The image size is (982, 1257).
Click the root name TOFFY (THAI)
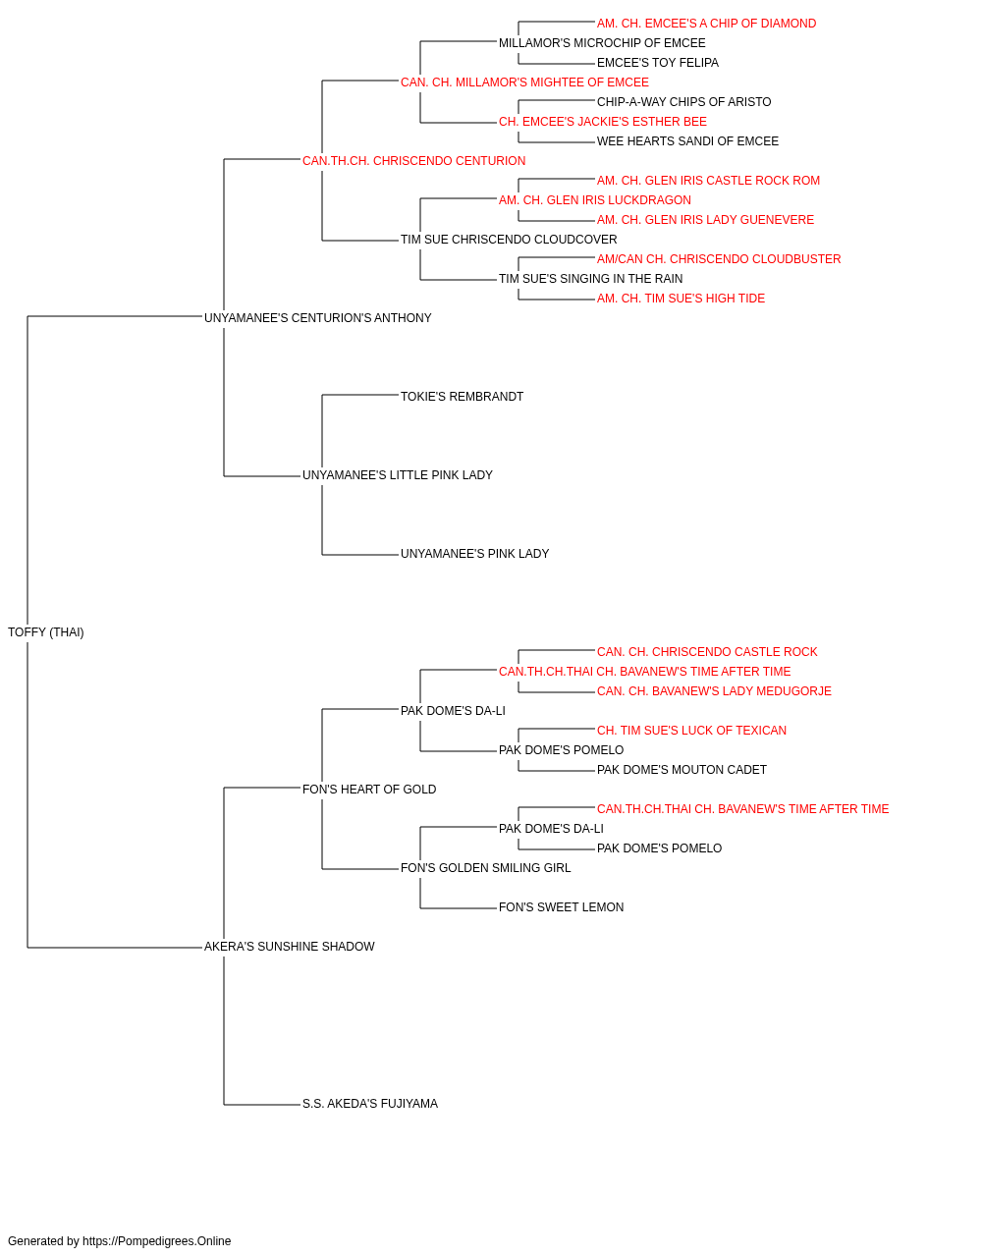pyautogui.click(x=46, y=632)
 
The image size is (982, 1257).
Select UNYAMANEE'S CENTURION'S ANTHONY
pyautogui.click(x=317, y=318)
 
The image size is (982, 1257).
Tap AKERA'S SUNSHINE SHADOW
pyautogui.click(x=289, y=947)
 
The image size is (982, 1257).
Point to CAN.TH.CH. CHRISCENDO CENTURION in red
pyautogui.click(x=414, y=161)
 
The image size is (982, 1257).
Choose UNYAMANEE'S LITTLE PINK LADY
pyautogui.click(x=398, y=475)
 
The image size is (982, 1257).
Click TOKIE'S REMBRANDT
pyautogui.click(x=463, y=396)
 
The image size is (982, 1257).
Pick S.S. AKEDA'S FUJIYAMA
pyautogui.click(x=370, y=1104)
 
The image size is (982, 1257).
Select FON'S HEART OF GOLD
pyautogui.click(x=369, y=789)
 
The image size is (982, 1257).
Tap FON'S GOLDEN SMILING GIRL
pyautogui.click(x=486, y=868)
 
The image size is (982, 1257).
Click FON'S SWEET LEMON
pyautogui.click(x=561, y=907)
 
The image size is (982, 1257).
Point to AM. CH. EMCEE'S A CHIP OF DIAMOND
pyautogui.click(x=707, y=24)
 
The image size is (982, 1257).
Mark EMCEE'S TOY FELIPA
pyautogui.click(x=658, y=63)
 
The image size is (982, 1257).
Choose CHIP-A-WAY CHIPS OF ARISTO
pyautogui.click(x=684, y=102)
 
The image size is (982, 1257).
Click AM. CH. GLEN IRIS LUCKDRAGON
pyautogui.click(x=595, y=200)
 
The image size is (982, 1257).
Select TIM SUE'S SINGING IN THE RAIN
pyautogui.click(x=590, y=279)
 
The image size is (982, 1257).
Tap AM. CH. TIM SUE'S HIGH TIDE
pyautogui.click(x=681, y=299)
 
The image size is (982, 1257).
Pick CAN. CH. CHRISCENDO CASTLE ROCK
pyautogui.click(x=707, y=652)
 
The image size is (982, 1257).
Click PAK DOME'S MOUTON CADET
pyautogui.click(x=682, y=769)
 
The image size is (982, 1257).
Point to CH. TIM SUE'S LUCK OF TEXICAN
pyautogui.click(x=691, y=730)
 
